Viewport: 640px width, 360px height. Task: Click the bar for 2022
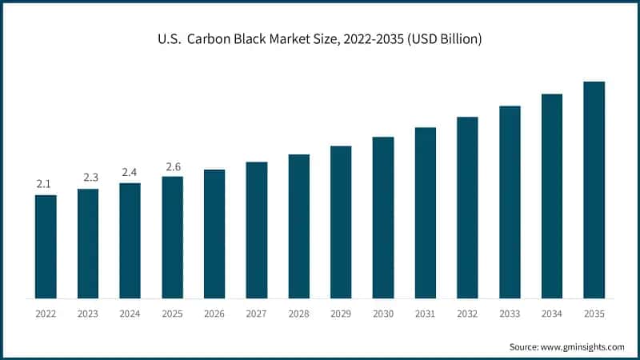(x=46, y=246)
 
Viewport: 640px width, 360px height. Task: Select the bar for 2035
(x=594, y=190)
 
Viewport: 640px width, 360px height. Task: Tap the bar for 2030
(x=383, y=218)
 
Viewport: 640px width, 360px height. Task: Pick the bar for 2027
(x=257, y=230)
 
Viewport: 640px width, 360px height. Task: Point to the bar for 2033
(x=510, y=202)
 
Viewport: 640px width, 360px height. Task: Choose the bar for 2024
(x=130, y=240)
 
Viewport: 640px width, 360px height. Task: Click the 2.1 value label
(x=46, y=185)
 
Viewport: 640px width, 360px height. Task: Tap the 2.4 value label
(x=130, y=173)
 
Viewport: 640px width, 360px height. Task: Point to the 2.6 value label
(x=173, y=166)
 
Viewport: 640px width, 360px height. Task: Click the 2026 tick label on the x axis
(x=214, y=314)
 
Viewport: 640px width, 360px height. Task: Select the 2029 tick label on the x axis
(x=341, y=314)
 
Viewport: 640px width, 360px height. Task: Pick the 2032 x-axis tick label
(x=467, y=314)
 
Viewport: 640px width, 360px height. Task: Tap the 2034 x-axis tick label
(x=552, y=314)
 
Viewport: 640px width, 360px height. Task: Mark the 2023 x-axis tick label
(x=88, y=314)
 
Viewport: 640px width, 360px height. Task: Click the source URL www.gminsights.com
(x=582, y=346)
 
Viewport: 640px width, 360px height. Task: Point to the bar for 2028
(x=299, y=226)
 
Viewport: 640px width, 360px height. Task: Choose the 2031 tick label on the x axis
(x=426, y=314)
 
